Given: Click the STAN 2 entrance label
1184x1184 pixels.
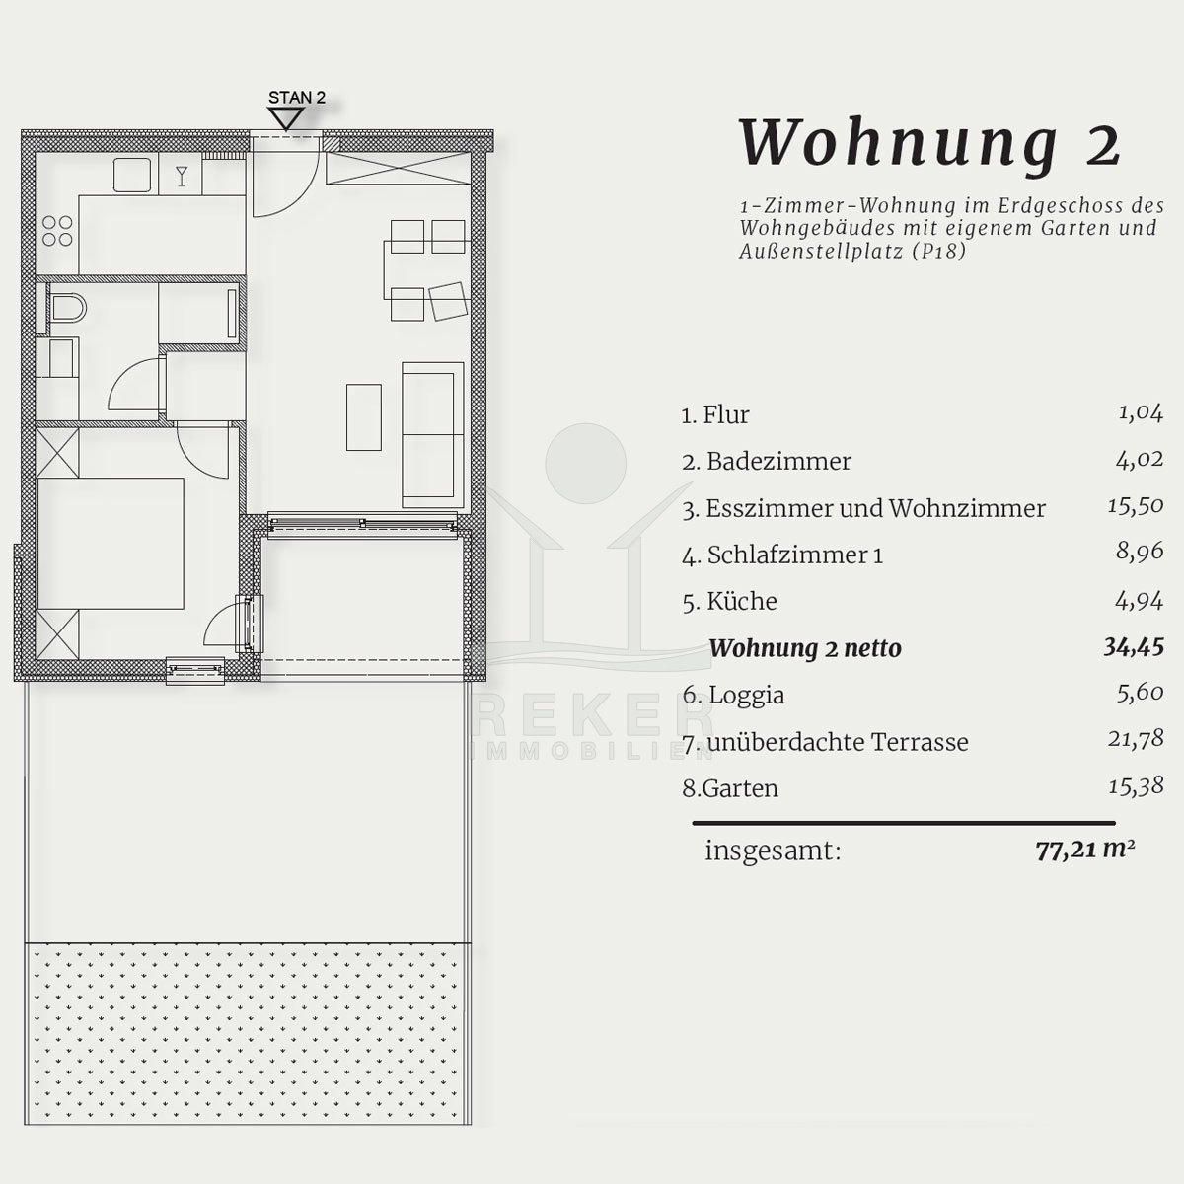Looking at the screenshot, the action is click(297, 97).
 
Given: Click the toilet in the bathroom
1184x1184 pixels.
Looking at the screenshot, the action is click(68, 308).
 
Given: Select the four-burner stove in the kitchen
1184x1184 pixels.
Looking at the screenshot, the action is click(57, 231).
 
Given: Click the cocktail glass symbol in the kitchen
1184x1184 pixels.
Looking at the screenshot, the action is click(182, 176).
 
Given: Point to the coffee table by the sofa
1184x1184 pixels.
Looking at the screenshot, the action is click(364, 417).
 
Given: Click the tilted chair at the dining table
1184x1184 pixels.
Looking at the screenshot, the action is click(448, 301).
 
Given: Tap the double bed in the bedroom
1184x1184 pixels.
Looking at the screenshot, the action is click(111, 543).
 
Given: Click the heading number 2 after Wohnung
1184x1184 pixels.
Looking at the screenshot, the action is click(1103, 149).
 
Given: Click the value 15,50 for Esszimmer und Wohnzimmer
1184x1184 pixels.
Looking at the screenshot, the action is click(1136, 506).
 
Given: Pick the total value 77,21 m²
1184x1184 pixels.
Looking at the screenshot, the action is click(1084, 851).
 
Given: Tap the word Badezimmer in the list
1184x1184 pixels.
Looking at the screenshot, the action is click(778, 462).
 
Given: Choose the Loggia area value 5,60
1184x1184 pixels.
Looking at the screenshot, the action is click(1141, 693).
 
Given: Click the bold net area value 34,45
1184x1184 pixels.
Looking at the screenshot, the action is click(1134, 647).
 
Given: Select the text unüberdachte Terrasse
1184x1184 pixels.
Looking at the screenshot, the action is click(838, 742).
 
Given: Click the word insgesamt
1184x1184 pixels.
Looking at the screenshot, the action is click(773, 851).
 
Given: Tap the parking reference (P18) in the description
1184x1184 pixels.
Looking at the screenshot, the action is click(939, 252).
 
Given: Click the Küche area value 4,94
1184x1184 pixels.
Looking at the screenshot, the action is click(1140, 600).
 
